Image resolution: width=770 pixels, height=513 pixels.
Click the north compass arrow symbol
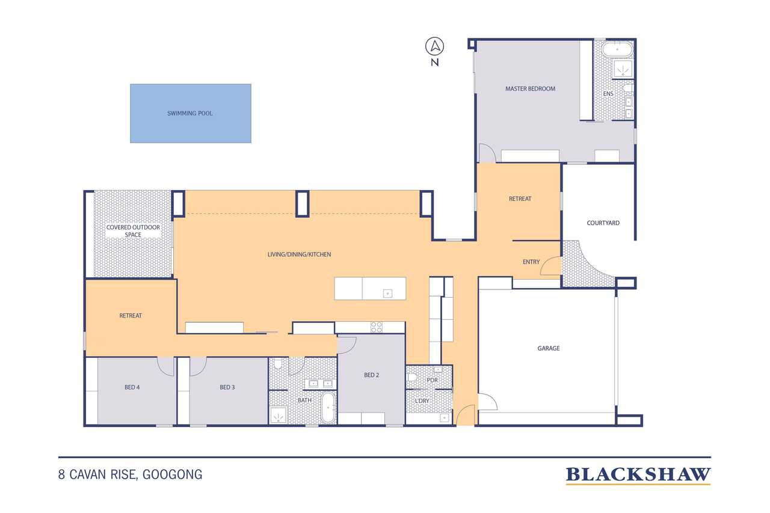click(435, 46)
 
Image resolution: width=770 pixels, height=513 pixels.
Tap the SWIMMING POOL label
click(189, 114)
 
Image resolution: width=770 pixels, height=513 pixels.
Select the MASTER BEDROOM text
click(530, 88)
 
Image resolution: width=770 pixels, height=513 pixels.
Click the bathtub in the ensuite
click(617, 50)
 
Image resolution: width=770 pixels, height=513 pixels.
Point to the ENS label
click(608, 93)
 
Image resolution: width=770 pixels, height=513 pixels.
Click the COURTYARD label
click(603, 223)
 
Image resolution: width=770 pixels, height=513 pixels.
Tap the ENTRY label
click(531, 262)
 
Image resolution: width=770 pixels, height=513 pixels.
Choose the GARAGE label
click(548, 348)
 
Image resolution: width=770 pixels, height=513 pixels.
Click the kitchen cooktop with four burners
click(377, 327)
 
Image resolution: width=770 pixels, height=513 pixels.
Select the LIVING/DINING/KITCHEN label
click(299, 254)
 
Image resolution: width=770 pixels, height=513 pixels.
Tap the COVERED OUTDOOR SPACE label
click(133, 231)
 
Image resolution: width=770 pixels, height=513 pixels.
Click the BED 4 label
click(132, 387)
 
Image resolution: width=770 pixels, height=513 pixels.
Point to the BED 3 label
click(227, 387)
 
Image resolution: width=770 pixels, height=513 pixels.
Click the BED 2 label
click(372, 375)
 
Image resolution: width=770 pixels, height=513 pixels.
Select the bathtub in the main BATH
click(328, 408)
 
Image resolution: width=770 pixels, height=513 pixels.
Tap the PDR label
click(432, 380)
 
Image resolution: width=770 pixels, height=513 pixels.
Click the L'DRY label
click(422, 401)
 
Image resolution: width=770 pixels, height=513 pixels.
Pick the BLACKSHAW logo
click(638, 476)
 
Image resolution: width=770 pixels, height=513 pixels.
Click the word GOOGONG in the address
click(172, 475)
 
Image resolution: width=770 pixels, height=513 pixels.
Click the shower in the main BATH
click(279, 416)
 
